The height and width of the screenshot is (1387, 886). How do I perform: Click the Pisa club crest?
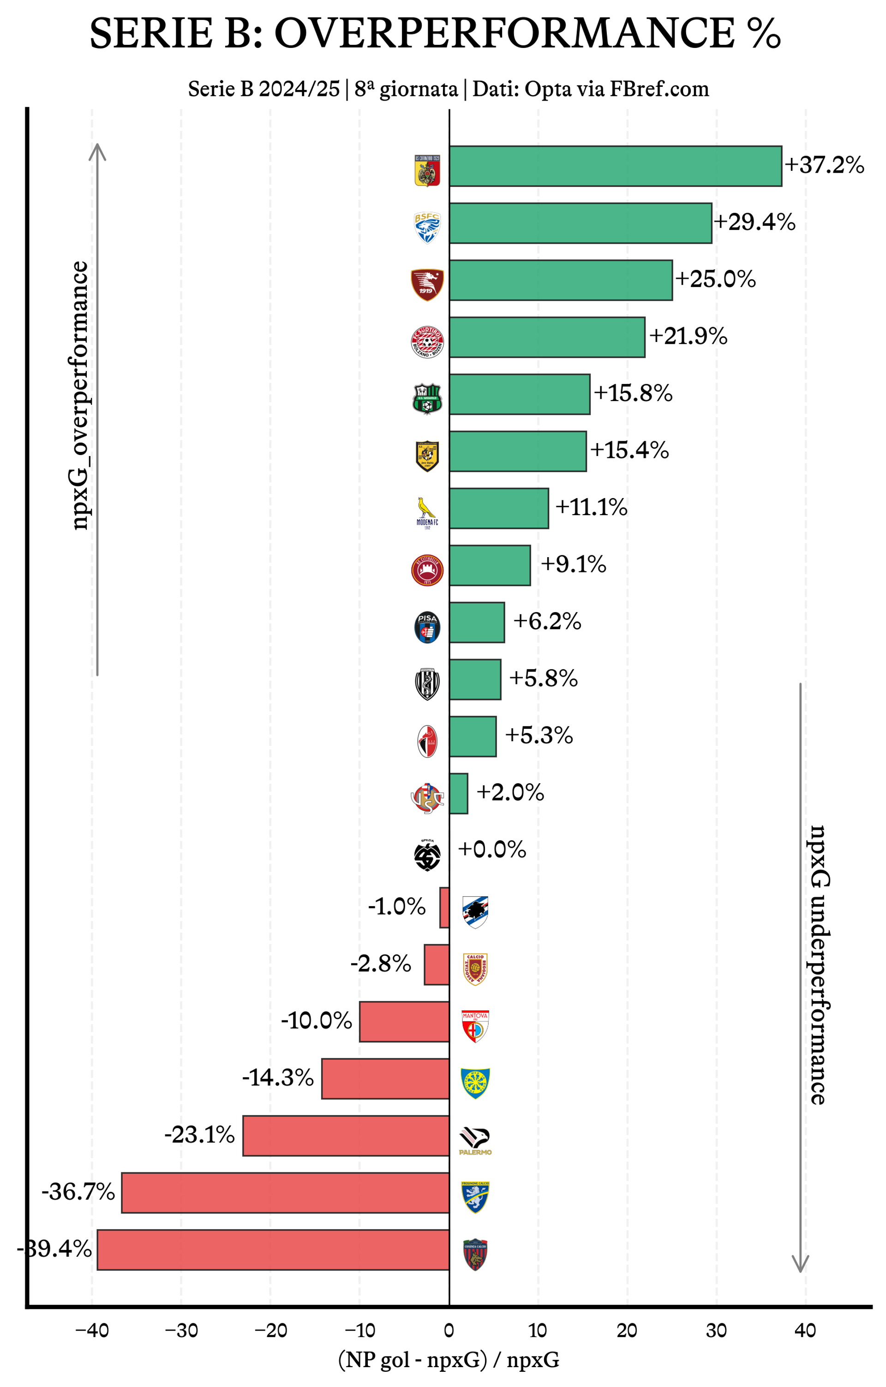[x=427, y=627]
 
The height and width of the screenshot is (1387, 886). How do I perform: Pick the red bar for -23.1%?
[x=346, y=1135]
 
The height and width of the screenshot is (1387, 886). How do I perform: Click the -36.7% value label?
[x=78, y=1192]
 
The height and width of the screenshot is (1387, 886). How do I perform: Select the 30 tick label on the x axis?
[x=716, y=1331]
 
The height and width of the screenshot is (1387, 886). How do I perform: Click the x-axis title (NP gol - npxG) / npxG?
[x=449, y=1360]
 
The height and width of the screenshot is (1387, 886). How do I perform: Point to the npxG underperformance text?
[x=819, y=965]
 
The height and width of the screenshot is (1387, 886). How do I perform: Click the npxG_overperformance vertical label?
[x=79, y=395]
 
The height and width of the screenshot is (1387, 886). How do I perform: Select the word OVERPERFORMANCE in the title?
[x=504, y=33]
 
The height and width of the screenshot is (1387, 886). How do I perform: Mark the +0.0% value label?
[x=492, y=850]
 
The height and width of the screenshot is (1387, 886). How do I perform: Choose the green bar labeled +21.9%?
[x=547, y=337]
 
